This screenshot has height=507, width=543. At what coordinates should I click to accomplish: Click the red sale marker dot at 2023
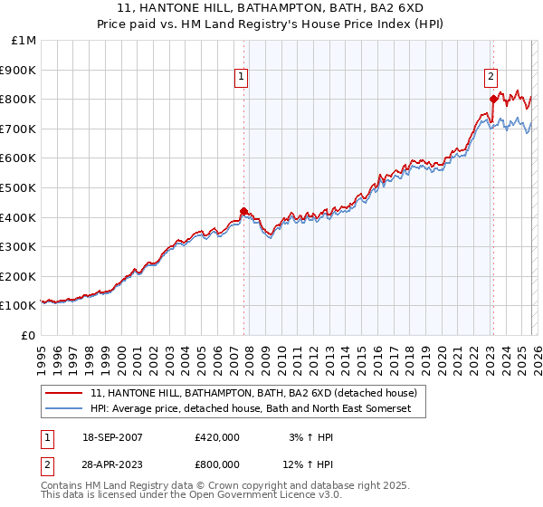pos(492,99)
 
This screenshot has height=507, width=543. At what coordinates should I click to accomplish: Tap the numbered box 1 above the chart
pos(243,78)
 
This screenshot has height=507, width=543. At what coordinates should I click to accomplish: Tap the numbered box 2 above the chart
pos(491,78)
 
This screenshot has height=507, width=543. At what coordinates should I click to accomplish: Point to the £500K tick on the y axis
pos(17,187)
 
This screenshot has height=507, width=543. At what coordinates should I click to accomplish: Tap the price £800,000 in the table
pos(216,464)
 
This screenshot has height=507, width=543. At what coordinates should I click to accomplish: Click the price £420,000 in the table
pos(216,437)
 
